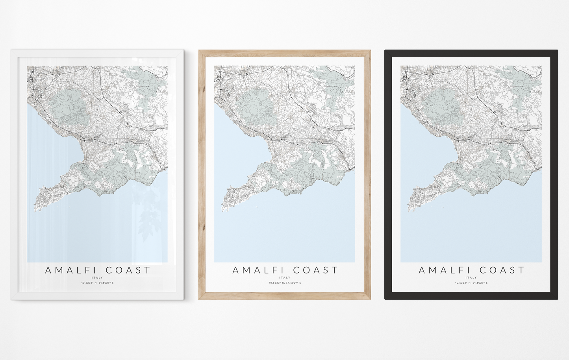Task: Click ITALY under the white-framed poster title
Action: pos(97,278)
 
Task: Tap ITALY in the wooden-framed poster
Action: pos(285,278)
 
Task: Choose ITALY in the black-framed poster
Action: pos(471,278)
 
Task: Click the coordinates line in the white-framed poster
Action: pos(97,283)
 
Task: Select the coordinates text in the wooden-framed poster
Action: pos(285,283)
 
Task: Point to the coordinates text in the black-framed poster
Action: pos(471,283)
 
